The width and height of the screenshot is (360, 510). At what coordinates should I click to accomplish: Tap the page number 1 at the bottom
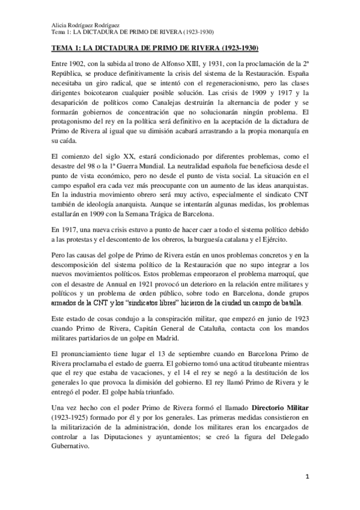pyautogui.click(x=307, y=477)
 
